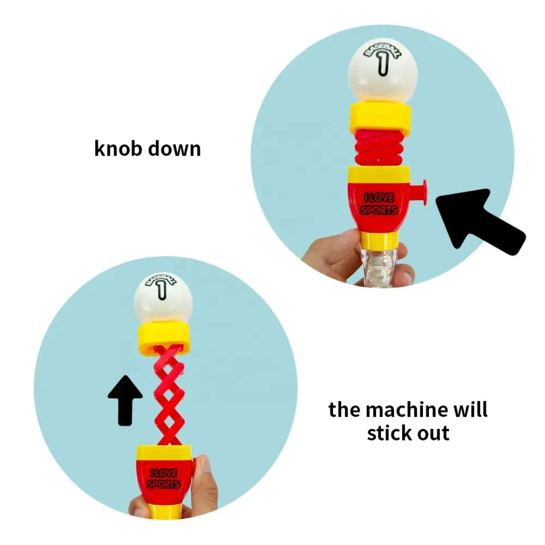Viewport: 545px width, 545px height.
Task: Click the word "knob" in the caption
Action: click(x=118, y=148)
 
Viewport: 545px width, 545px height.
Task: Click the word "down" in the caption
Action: click(x=175, y=148)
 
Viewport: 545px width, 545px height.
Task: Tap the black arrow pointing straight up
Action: click(x=125, y=400)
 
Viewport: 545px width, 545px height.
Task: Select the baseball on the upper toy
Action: click(x=383, y=72)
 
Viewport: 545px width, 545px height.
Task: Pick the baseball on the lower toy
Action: click(x=163, y=299)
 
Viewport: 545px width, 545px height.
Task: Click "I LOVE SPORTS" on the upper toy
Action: click(x=379, y=204)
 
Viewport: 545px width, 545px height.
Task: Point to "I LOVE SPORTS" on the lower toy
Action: click(x=163, y=478)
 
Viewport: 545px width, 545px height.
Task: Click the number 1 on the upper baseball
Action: click(x=383, y=64)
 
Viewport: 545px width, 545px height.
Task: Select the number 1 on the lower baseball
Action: click(x=161, y=289)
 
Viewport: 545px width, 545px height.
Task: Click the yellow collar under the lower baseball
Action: click(x=164, y=339)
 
